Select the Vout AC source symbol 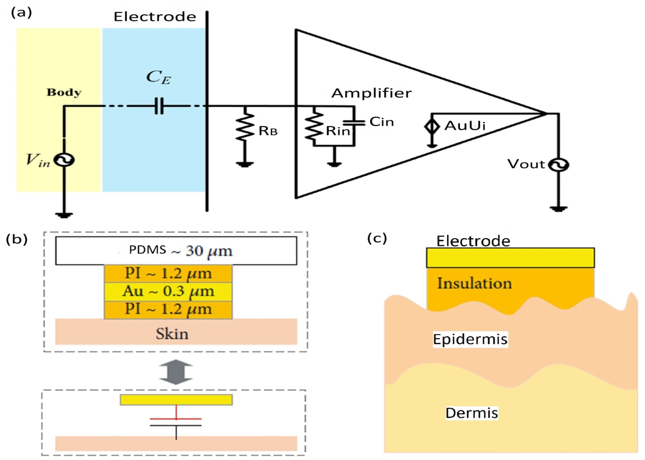(x=559, y=165)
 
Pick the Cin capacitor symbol (x=354, y=123)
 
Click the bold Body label (x=64, y=92)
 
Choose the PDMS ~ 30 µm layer (x=176, y=251)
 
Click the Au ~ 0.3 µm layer (x=168, y=291)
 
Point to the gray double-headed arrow (x=176, y=372)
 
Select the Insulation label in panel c (x=474, y=283)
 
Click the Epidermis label (x=470, y=339)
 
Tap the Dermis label (x=472, y=413)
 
